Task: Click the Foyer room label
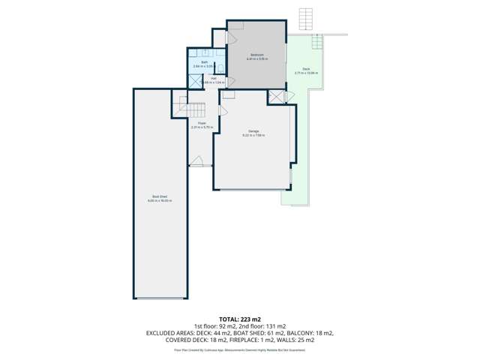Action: (x=202, y=123)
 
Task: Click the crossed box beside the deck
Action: (x=277, y=97)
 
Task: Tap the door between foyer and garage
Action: (x=221, y=111)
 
